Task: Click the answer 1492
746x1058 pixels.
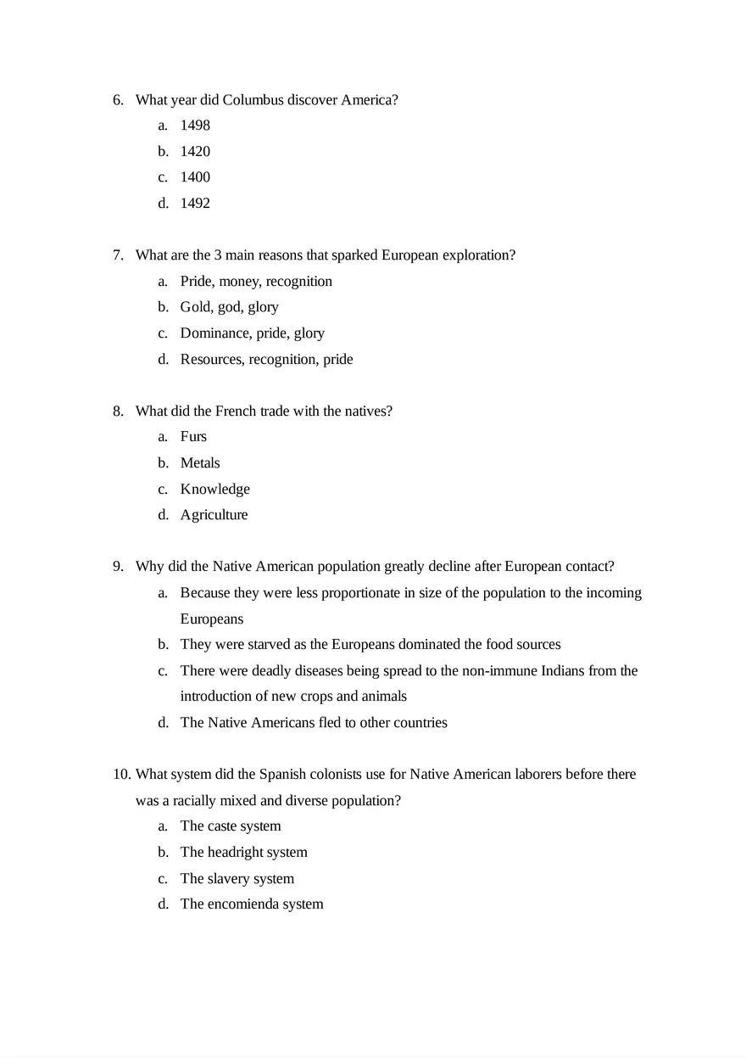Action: point(195,204)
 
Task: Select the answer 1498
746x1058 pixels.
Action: point(195,126)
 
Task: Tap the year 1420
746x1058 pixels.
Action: point(195,152)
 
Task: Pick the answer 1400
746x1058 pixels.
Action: point(195,177)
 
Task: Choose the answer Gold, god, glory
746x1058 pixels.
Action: point(229,307)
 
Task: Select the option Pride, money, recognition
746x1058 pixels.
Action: point(256,282)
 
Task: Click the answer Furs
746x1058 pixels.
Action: point(193,437)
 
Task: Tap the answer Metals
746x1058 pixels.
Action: point(200,463)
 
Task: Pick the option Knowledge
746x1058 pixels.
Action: point(214,490)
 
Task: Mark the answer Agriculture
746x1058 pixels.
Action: point(214,515)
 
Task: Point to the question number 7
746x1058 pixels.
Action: point(118,255)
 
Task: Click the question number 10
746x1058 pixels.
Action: point(121,775)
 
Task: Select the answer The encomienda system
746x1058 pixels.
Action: point(252,904)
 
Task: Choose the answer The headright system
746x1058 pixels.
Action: point(243,853)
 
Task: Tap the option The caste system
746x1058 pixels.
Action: point(231,826)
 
